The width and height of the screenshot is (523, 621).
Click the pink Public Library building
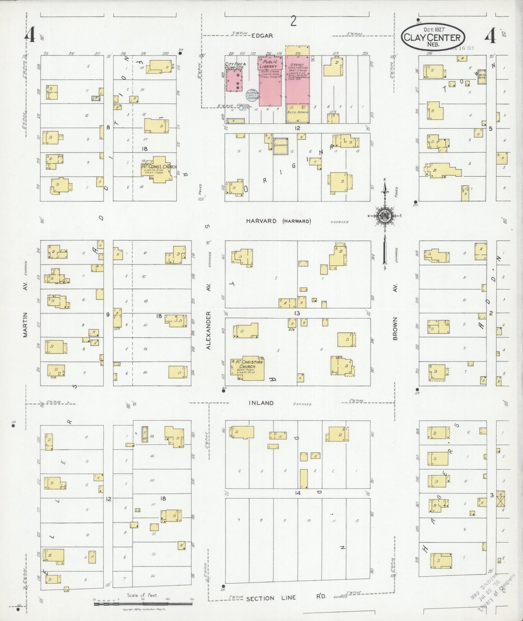point(270,83)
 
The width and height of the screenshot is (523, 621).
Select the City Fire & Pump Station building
point(234,80)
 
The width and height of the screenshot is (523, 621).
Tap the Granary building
point(281,146)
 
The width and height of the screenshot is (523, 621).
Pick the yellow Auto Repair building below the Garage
point(298,113)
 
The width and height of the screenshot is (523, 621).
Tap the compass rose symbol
point(384,216)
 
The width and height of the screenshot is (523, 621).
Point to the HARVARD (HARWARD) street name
point(278,221)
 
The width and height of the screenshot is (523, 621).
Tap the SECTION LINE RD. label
point(286,598)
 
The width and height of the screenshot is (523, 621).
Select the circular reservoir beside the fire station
point(252,95)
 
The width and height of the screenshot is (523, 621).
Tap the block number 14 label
point(298,493)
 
